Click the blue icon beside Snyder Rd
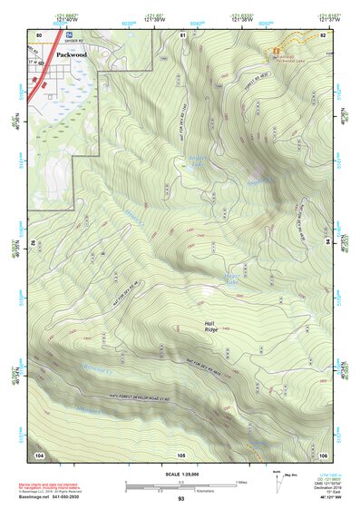click(70, 34)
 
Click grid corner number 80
click(39, 34)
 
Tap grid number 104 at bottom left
click(39, 453)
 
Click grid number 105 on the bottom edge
click(181, 453)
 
